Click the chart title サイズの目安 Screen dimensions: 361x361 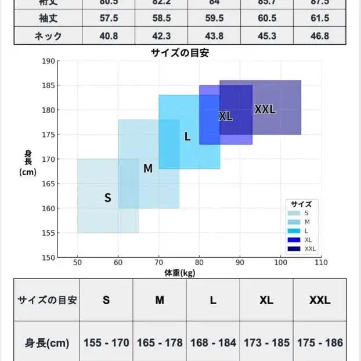pos(180,53)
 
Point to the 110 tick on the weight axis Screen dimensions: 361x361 pos(321,262)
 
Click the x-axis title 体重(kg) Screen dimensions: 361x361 pos(180,272)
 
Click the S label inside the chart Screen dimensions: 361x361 pos(107,198)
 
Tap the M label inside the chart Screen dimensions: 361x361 pos(148,169)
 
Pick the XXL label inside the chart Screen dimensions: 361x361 pos(265,109)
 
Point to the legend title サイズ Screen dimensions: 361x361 pos(301,204)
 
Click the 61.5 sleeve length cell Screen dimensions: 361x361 pos(320,19)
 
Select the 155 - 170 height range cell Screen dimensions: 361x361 pos(106,342)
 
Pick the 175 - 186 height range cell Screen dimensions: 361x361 pos(319,342)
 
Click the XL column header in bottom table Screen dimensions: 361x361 pos(266,300)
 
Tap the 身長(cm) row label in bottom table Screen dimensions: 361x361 pos(47,342)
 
